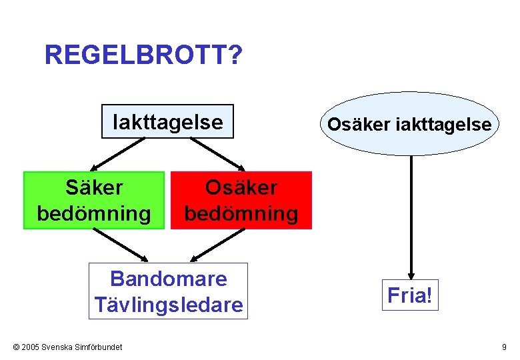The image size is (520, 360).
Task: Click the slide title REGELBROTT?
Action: click(x=143, y=55)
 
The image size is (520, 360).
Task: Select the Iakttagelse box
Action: click(x=167, y=121)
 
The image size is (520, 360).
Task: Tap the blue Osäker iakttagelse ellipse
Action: click(x=409, y=124)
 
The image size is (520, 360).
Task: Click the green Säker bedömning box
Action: click(x=94, y=201)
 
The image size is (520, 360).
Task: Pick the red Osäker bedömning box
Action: click(x=241, y=201)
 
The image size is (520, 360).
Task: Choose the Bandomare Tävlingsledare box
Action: click(x=168, y=291)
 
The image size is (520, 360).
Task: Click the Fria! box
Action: click(x=411, y=295)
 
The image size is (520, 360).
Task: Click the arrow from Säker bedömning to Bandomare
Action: click(x=121, y=245)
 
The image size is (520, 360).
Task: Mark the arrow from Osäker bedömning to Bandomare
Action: click(x=215, y=245)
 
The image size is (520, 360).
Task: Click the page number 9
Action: click(x=504, y=347)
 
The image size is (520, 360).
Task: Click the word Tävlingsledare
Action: click(x=168, y=305)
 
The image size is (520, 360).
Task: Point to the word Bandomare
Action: click(x=168, y=279)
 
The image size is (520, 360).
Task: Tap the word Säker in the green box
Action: click(x=94, y=188)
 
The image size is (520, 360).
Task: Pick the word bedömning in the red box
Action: click(x=241, y=214)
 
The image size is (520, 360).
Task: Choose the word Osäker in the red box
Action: click(x=241, y=188)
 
